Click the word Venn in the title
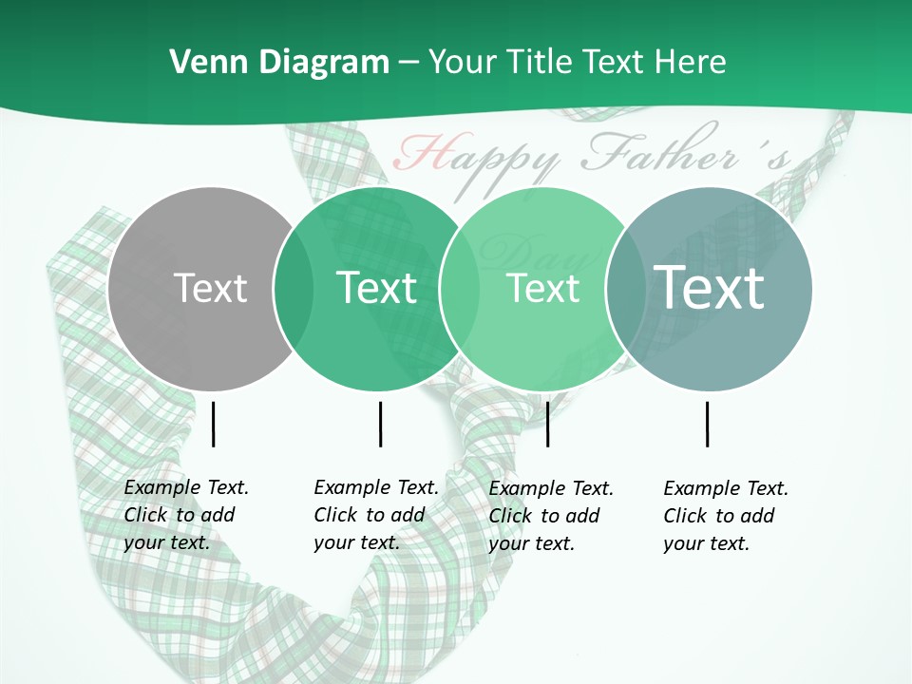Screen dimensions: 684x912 (x=201, y=63)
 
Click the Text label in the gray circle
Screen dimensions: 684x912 (x=210, y=288)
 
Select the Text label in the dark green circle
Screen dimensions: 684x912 (x=376, y=288)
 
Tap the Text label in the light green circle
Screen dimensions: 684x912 (x=542, y=288)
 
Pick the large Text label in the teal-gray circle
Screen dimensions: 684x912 (x=709, y=288)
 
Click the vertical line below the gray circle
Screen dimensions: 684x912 (x=213, y=424)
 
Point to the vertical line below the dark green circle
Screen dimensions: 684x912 (x=380, y=424)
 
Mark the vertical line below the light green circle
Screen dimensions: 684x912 (x=547, y=424)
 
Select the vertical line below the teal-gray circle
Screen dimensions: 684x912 (x=707, y=424)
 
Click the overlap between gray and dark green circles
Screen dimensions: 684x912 (x=294, y=289)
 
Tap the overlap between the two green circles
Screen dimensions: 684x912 (x=460, y=289)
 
